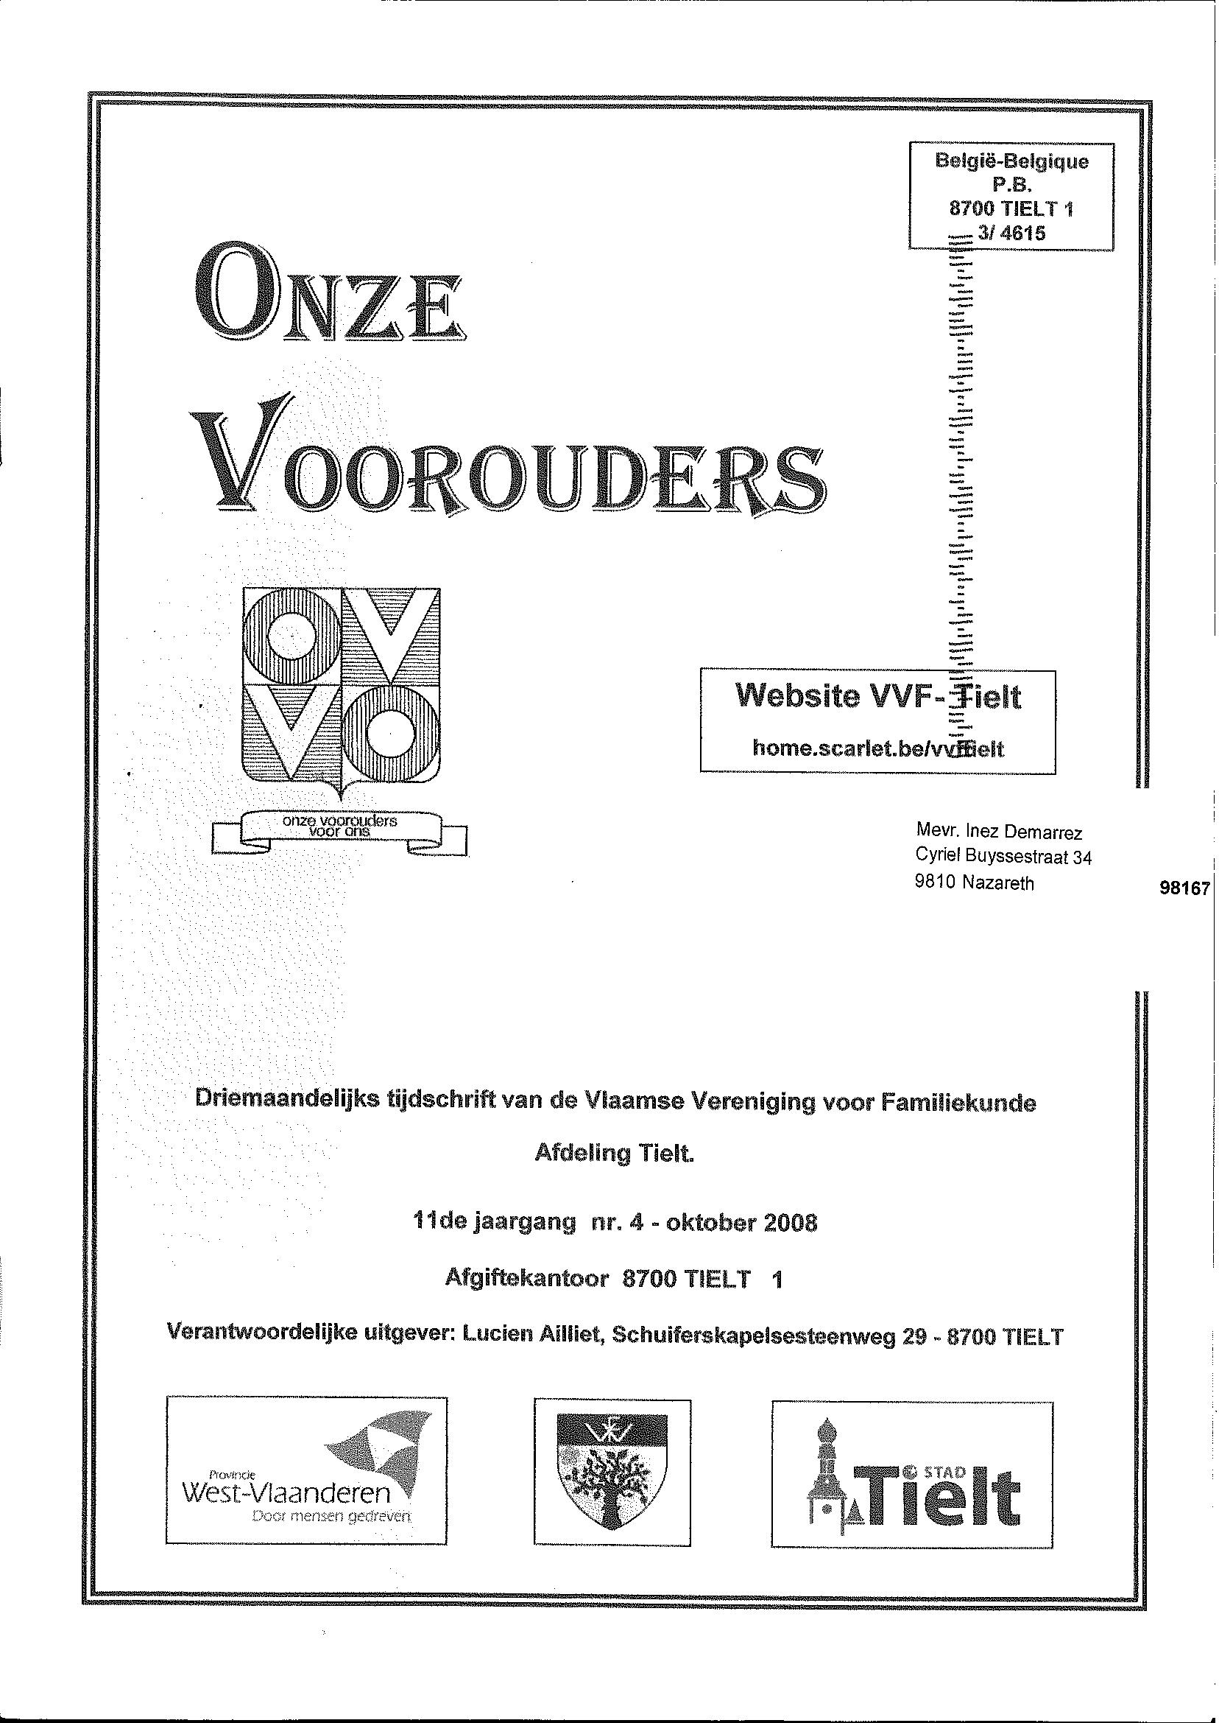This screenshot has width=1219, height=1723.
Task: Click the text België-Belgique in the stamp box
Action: [1011, 161]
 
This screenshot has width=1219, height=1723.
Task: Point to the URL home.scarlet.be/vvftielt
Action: [877, 748]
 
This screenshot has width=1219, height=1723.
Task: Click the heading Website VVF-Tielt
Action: [877, 696]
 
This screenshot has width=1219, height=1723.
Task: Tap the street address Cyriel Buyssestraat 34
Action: [1003, 857]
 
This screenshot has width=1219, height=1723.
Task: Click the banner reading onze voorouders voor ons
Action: [339, 827]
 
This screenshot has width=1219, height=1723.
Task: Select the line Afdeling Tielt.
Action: [615, 1154]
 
